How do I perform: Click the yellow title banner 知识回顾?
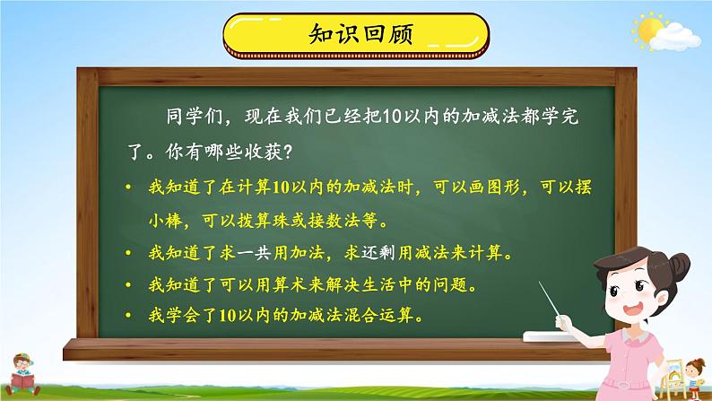pyautogui.click(x=356, y=36)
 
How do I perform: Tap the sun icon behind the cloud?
pyautogui.click(x=647, y=29)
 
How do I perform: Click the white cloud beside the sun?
pyautogui.click(x=674, y=38)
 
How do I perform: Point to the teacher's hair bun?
pyautogui.click(x=678, y=264)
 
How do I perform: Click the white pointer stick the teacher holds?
pyautogui.click(x=550, y=299)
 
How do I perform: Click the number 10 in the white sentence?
pyautogui.click(x=392, y=117)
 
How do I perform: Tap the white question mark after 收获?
pyautogui.click(x=287, y=153)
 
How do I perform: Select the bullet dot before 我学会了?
pyautogui.click(x=129, y=314)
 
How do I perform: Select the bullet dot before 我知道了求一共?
pyautogui.click(x=129, y=252)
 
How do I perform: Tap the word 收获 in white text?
pyautogui.click(x=262, y=153)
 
